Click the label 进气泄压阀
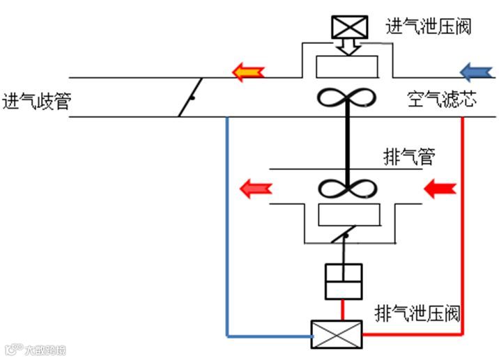429,26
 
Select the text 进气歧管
36,101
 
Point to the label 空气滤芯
443,101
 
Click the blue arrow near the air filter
477,70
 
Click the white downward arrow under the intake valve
348,45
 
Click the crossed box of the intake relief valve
348,27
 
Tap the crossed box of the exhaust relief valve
337,334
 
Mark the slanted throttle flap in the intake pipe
190,97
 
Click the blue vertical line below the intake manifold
227,223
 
